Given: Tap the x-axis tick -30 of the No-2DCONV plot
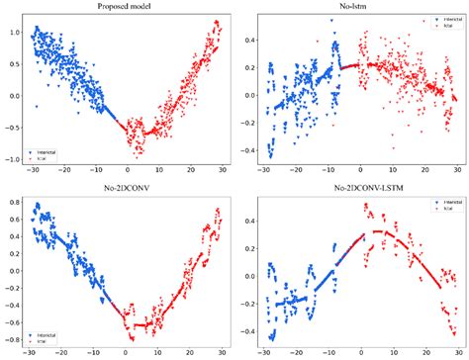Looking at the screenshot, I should tap(30, 352).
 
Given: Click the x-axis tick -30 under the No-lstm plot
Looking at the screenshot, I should tap(264, 172).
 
